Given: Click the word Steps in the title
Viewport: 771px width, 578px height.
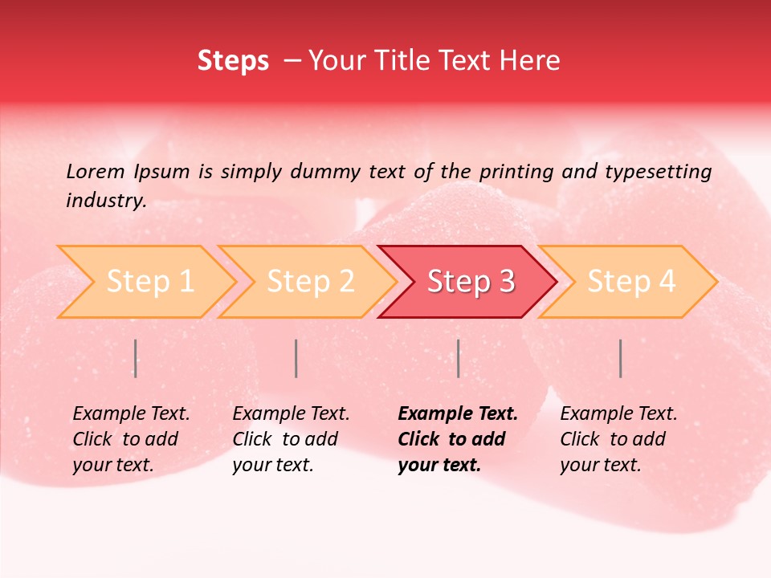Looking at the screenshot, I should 233,61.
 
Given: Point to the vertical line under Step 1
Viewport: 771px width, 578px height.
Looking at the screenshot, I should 136,358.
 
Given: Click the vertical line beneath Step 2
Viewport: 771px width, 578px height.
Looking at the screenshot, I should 296,358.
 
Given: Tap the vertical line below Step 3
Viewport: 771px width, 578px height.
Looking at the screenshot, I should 458,358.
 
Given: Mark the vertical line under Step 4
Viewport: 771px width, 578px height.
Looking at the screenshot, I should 620,358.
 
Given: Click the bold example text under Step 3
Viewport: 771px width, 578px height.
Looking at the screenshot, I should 457,439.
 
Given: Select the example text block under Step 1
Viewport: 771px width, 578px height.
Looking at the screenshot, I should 131,439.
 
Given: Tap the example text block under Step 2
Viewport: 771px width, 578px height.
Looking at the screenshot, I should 291,439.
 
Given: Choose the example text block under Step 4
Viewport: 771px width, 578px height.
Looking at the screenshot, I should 618,439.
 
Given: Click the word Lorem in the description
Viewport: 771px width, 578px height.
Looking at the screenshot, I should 96,172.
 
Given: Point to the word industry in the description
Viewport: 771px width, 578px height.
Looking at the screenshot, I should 104,201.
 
